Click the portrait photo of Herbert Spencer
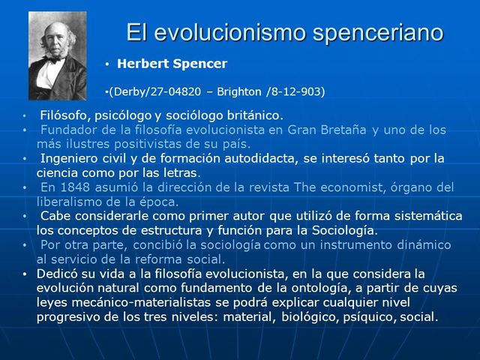coord(58,55)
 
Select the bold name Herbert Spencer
coord(172,64)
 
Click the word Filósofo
coord(65,115)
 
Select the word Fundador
coord(67,130)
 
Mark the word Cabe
coord(54,215)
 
